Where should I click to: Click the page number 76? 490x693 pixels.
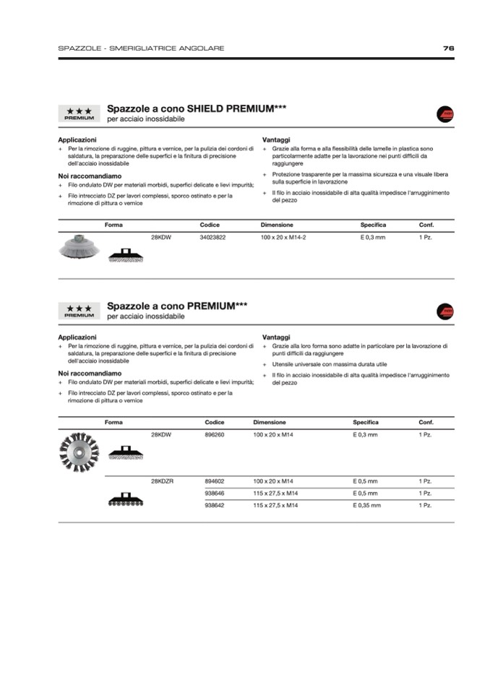449,48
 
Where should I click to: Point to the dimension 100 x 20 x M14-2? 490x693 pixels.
283,237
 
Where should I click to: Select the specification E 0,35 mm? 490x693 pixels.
366,505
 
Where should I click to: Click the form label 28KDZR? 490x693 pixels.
162,481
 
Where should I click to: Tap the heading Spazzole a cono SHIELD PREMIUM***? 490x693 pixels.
197,108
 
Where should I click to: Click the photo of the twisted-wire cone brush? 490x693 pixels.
79,452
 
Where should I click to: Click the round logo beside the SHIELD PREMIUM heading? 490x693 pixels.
445,113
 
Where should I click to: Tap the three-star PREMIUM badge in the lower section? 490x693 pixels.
79,311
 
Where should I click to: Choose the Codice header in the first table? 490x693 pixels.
210,225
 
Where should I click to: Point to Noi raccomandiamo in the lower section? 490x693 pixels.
90,374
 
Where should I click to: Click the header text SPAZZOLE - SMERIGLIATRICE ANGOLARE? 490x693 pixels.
141,48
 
